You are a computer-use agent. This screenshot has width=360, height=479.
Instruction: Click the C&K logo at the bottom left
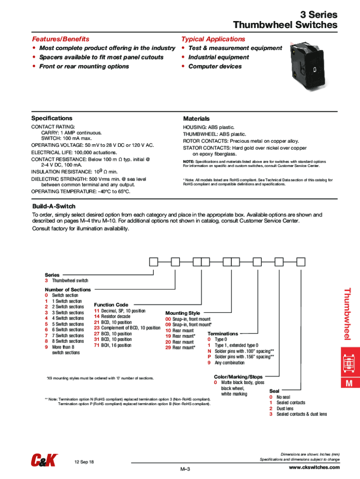[44, 461]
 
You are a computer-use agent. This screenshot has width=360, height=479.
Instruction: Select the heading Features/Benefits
[60, 39]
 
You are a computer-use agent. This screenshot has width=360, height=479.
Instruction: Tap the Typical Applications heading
[213, 39]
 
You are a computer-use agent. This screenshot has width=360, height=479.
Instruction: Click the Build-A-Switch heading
[54, 206]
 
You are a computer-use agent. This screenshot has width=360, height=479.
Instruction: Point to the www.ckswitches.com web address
[314, 468]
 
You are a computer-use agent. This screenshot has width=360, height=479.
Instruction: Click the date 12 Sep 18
[84, 462]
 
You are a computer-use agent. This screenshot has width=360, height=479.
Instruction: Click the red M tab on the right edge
[348, 384]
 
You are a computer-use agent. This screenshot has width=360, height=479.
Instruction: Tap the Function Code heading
[111, 305]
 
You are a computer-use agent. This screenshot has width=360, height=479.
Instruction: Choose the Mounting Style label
[183, 313]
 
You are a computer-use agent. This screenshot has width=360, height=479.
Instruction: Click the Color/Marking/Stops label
[238, 377]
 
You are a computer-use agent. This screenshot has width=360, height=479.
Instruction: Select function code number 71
[96, 345]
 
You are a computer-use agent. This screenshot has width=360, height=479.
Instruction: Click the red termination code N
[209, 351]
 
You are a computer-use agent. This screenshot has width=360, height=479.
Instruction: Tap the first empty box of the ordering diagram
[153, 262]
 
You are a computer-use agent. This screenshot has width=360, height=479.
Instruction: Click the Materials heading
[196, 119]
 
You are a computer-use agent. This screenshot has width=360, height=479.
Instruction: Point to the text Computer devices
[215, 66]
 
